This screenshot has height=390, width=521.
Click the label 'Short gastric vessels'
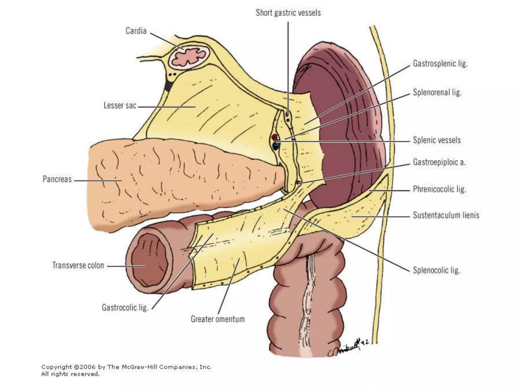288,13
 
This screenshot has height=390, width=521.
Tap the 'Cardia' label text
136,31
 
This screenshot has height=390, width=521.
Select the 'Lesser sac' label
120,106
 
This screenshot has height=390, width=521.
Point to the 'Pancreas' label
57,179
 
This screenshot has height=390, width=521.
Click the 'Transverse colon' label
78,265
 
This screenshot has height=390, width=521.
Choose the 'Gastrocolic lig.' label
125,307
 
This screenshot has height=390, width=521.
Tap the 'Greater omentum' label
218,319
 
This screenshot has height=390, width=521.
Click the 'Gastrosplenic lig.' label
440,63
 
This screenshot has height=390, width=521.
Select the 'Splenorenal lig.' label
437,92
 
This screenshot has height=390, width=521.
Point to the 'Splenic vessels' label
437,140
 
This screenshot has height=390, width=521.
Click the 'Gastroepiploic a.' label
439,162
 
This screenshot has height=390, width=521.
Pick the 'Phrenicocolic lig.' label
439,189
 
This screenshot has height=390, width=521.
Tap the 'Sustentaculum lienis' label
446,215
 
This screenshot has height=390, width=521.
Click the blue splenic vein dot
276,146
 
